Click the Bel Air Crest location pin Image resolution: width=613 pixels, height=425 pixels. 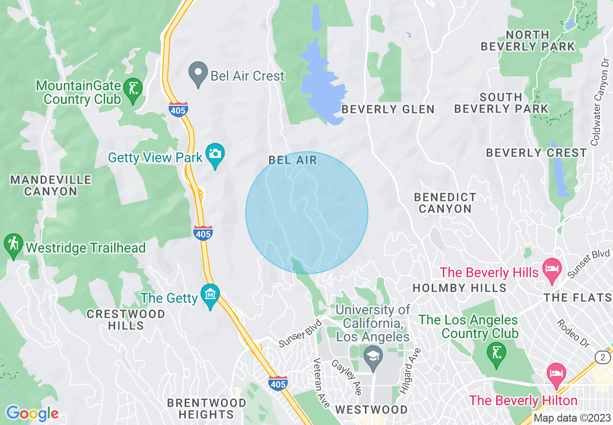point(198,74)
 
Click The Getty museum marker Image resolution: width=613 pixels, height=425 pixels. point(211,295)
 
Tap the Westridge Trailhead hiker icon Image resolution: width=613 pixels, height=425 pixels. point(13,245)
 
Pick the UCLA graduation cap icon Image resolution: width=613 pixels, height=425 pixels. point(373,358)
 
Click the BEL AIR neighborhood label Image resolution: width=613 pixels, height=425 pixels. point(293,160)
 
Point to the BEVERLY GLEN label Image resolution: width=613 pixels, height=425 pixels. point(388,110)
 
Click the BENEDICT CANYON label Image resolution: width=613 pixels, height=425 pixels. point(445,203)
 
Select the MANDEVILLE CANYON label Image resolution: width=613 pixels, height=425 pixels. point(51,185)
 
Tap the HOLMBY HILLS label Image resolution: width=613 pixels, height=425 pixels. point(459,288)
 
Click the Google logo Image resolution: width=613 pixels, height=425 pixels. point(32,413)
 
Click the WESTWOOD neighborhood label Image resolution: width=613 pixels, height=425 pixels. point(371,410)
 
